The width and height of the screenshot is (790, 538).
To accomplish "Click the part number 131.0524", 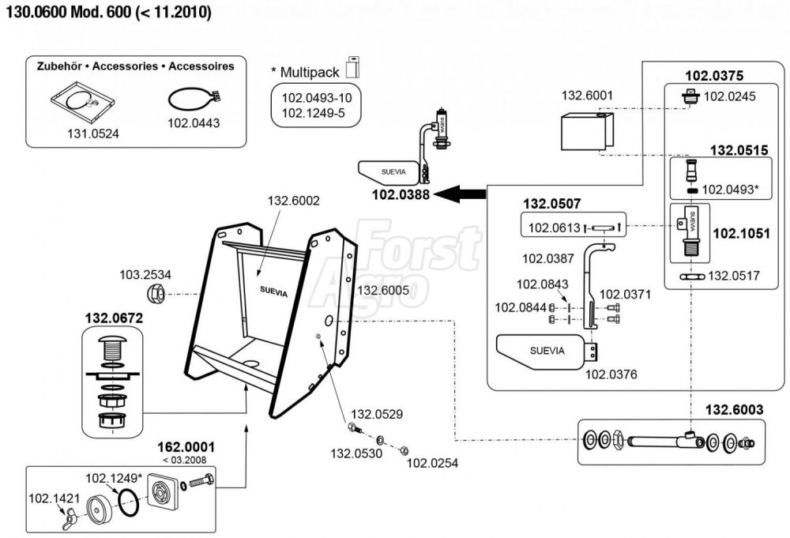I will click(x=93, y=134).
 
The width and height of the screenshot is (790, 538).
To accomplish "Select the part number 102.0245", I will click(x=729, y=96).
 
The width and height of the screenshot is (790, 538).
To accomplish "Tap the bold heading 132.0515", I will click(x=739, y=149).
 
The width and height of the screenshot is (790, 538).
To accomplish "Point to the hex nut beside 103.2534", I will click(x=156, y=296).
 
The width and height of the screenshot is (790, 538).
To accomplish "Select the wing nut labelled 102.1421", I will click(x=60, y=521).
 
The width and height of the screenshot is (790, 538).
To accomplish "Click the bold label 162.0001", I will click(x=186, y=447).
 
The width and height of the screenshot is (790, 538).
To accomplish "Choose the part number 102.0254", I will click(x=433, y=463).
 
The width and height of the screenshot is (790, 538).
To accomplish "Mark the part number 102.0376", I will click(x=611, y=374).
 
